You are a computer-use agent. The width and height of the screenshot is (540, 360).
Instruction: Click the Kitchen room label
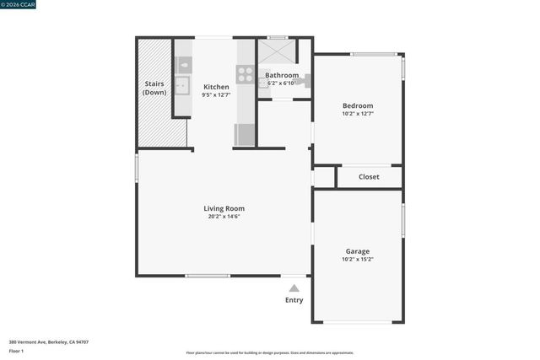216,87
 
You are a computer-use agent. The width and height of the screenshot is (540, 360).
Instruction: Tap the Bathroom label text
282,75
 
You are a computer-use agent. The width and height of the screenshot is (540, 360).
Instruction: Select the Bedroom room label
358,105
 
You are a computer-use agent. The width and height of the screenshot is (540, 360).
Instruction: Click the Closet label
369,177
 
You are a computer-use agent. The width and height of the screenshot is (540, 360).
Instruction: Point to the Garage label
358,251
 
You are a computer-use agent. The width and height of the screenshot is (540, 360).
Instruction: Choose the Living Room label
224,208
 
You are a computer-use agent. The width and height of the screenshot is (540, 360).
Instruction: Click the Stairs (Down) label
154,88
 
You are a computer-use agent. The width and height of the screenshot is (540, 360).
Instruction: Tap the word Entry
294,300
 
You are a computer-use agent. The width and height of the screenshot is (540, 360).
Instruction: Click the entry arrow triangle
294,288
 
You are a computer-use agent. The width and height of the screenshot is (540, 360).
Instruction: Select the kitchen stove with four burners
245,74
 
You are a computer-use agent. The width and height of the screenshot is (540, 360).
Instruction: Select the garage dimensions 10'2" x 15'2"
358,260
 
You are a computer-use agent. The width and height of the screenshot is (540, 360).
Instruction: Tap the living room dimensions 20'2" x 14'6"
224,217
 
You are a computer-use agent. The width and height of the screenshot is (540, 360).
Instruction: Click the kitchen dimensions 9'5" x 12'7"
216,95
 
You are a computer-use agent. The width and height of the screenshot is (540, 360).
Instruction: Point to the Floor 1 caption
17,351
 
